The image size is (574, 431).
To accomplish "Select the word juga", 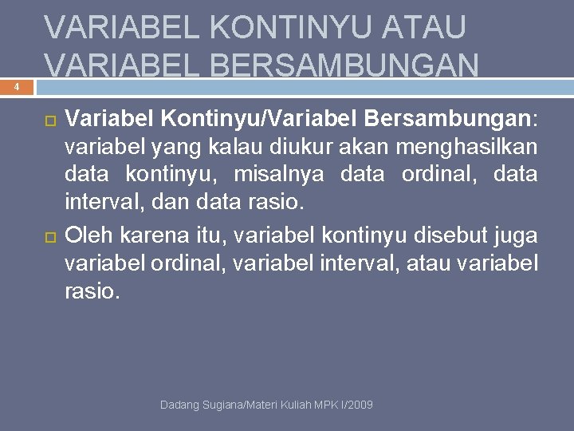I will (x=517, y=235).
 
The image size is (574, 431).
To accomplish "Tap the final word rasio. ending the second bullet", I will (x=92, y=293).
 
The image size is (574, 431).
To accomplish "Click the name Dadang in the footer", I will (x=179, y=406).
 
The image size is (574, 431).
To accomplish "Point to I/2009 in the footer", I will (x=357, y=406).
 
